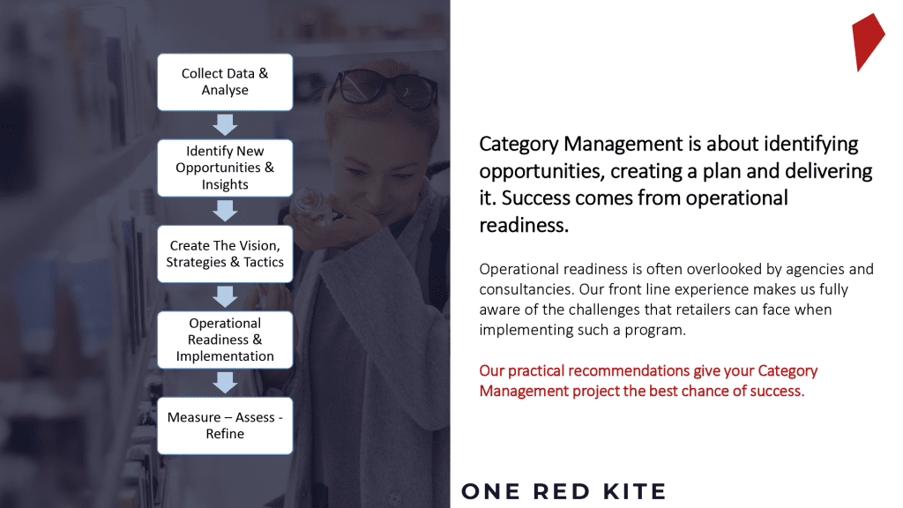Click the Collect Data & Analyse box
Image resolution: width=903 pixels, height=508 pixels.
click(225, 82)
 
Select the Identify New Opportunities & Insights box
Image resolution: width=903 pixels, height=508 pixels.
click(225, 168)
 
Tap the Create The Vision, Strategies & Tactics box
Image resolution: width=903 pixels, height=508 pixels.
click(225, 253)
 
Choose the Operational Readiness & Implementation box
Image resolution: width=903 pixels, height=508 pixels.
click(225, 340)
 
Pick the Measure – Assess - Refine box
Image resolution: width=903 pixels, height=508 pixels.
click(225, 426)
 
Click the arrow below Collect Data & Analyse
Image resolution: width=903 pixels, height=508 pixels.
click(225, 124)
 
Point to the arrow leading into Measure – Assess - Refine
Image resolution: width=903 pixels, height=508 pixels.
click(225, 383)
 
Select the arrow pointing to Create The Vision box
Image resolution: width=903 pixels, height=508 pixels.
click(225, 211)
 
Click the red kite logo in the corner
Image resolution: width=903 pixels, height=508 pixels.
click(868, 41)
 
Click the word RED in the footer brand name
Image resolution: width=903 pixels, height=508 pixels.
click(561, 491)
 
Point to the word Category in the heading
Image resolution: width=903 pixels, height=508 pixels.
click(519, 144)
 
